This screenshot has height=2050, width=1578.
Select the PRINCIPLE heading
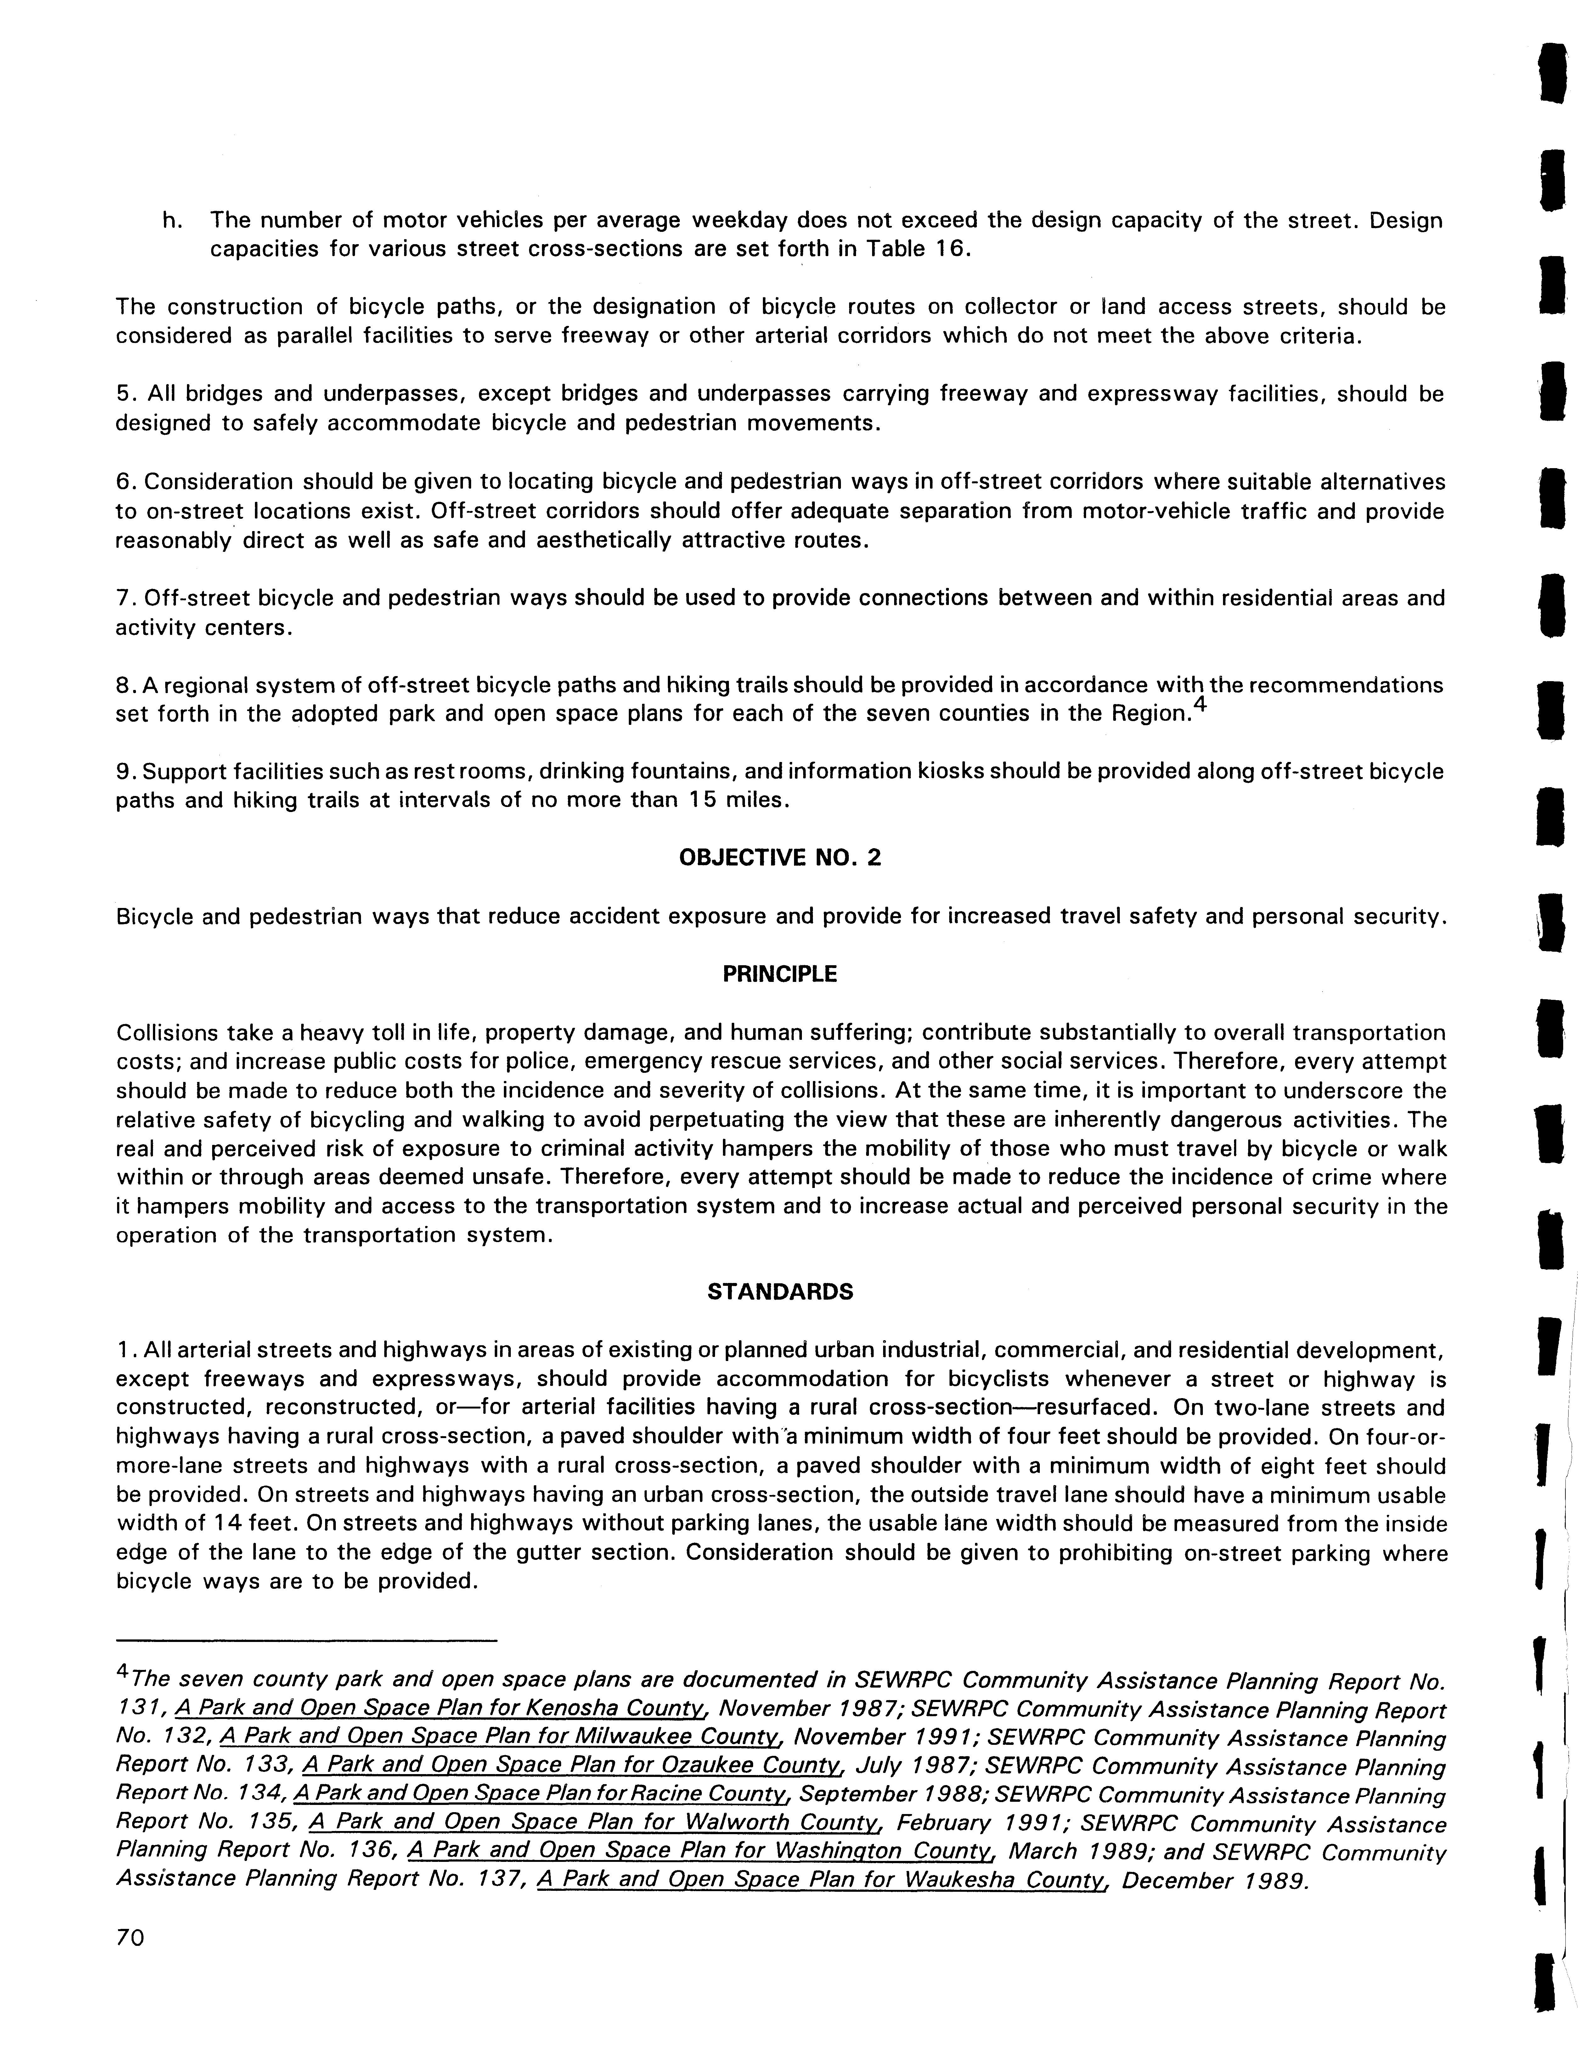point(779,974)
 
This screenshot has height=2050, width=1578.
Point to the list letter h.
point(170,221)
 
